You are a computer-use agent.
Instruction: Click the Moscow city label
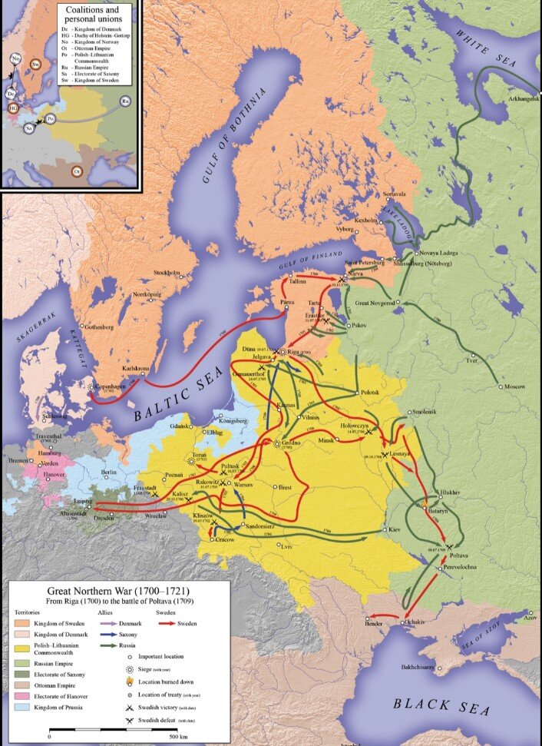[514, 386]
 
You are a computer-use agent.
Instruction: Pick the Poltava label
[459, 555]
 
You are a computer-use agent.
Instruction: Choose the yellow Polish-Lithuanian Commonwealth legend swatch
[20, 649]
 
